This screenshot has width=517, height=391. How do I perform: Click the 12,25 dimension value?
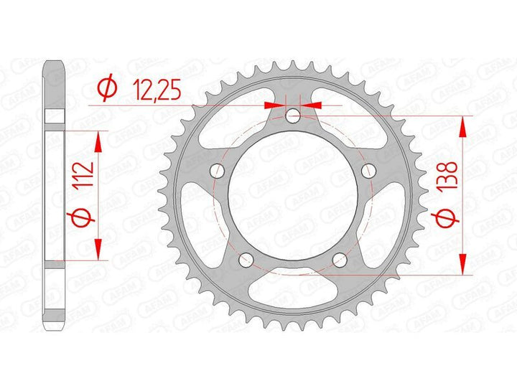pos(157,90)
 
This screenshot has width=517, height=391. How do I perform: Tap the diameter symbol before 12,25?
pos(107,87)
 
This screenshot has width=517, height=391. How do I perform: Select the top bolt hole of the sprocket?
pos(293,116)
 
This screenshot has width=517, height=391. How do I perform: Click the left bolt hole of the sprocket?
pos(217,170)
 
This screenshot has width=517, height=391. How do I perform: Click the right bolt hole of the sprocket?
pos(368,170)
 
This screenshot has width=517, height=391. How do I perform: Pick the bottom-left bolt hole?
pos(246,260)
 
